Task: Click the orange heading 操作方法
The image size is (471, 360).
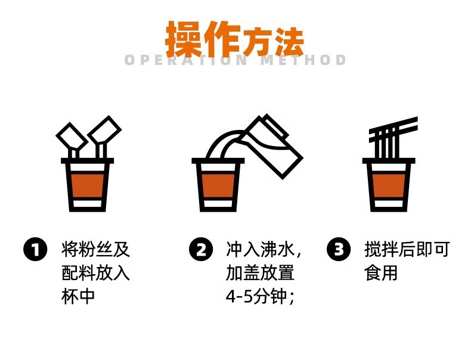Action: pyautogui.click(x=235, y=39)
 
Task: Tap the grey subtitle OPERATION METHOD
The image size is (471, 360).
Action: pyautogui.click(x=235, y=60)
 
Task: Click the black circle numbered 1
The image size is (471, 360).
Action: pyautogui.click(x=35, y=249)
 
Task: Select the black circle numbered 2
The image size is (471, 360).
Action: pyautogui.click(x=201, y=249)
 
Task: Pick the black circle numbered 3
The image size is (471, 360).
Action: pyautogui.click(x=339, y=249)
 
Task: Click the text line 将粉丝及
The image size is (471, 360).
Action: pyautogui.click(x=96, y=249)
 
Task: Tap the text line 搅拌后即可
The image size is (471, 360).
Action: pyautogui.click(x=407, y=249)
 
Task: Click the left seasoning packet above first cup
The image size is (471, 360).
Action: pyautogui.click(x=70, y=138)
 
